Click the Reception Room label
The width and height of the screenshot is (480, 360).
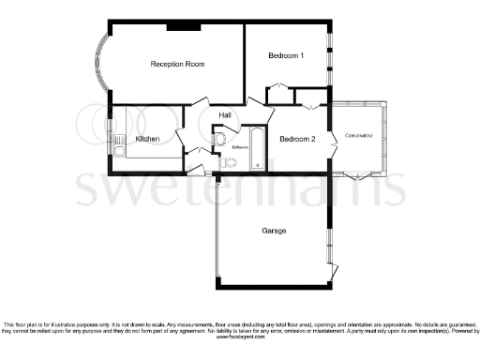click(178, 64)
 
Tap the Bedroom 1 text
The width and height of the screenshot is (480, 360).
click(286, 56)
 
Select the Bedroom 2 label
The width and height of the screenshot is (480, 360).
click(297, 139)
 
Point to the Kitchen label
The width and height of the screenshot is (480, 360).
click(147, 139)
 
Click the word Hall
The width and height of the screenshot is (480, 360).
click(225, 115)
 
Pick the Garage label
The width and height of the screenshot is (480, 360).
click(274, 231)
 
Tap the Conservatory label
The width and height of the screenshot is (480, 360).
click(358, 136)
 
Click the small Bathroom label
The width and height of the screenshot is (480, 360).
click(240, 147)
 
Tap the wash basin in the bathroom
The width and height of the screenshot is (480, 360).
click(219, 141)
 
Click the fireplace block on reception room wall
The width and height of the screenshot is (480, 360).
click(182, 26)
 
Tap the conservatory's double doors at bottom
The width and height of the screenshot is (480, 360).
click(355, 176)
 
